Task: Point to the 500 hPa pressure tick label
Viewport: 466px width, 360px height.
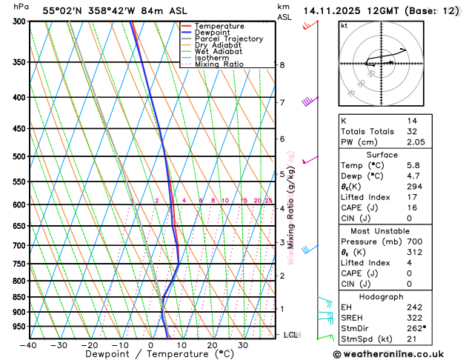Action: click(16, 156)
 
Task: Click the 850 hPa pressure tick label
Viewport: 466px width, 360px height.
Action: click(16, 297)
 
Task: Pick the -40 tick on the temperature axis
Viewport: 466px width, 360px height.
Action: click(29, 345)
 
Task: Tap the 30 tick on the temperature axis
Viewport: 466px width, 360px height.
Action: click(242, 345)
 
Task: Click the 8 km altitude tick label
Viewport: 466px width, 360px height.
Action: click(282, 65)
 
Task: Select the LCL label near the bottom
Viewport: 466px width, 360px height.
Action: click(291, 335)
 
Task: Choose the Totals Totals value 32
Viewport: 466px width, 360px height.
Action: click(412, 131)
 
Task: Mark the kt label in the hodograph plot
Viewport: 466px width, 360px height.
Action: click(344, 25)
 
